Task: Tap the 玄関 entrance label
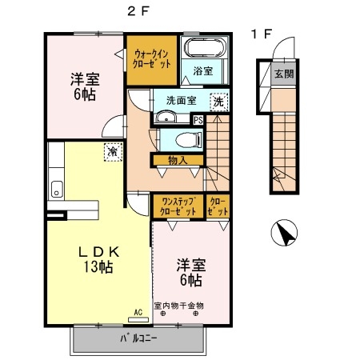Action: pyautogui.click(x=284, y=74)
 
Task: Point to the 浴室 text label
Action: pyautogui.click(x=202, y=71)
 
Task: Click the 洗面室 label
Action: pyautogui.click(x=182, y=102)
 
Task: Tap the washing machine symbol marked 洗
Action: pyautogui.click(x=218, y=102)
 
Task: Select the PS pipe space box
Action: pyautogui.click(x=198, y=120)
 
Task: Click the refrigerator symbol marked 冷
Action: pyautogui.click(x=113, y=149)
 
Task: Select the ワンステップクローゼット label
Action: pyautogui.click(x=178, y=206)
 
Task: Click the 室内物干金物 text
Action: pyautogui.click(x=179, y=304)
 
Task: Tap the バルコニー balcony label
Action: pyautogui.click(x=138, y=338)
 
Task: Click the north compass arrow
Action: pyautogui.click(x=284, y=234)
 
